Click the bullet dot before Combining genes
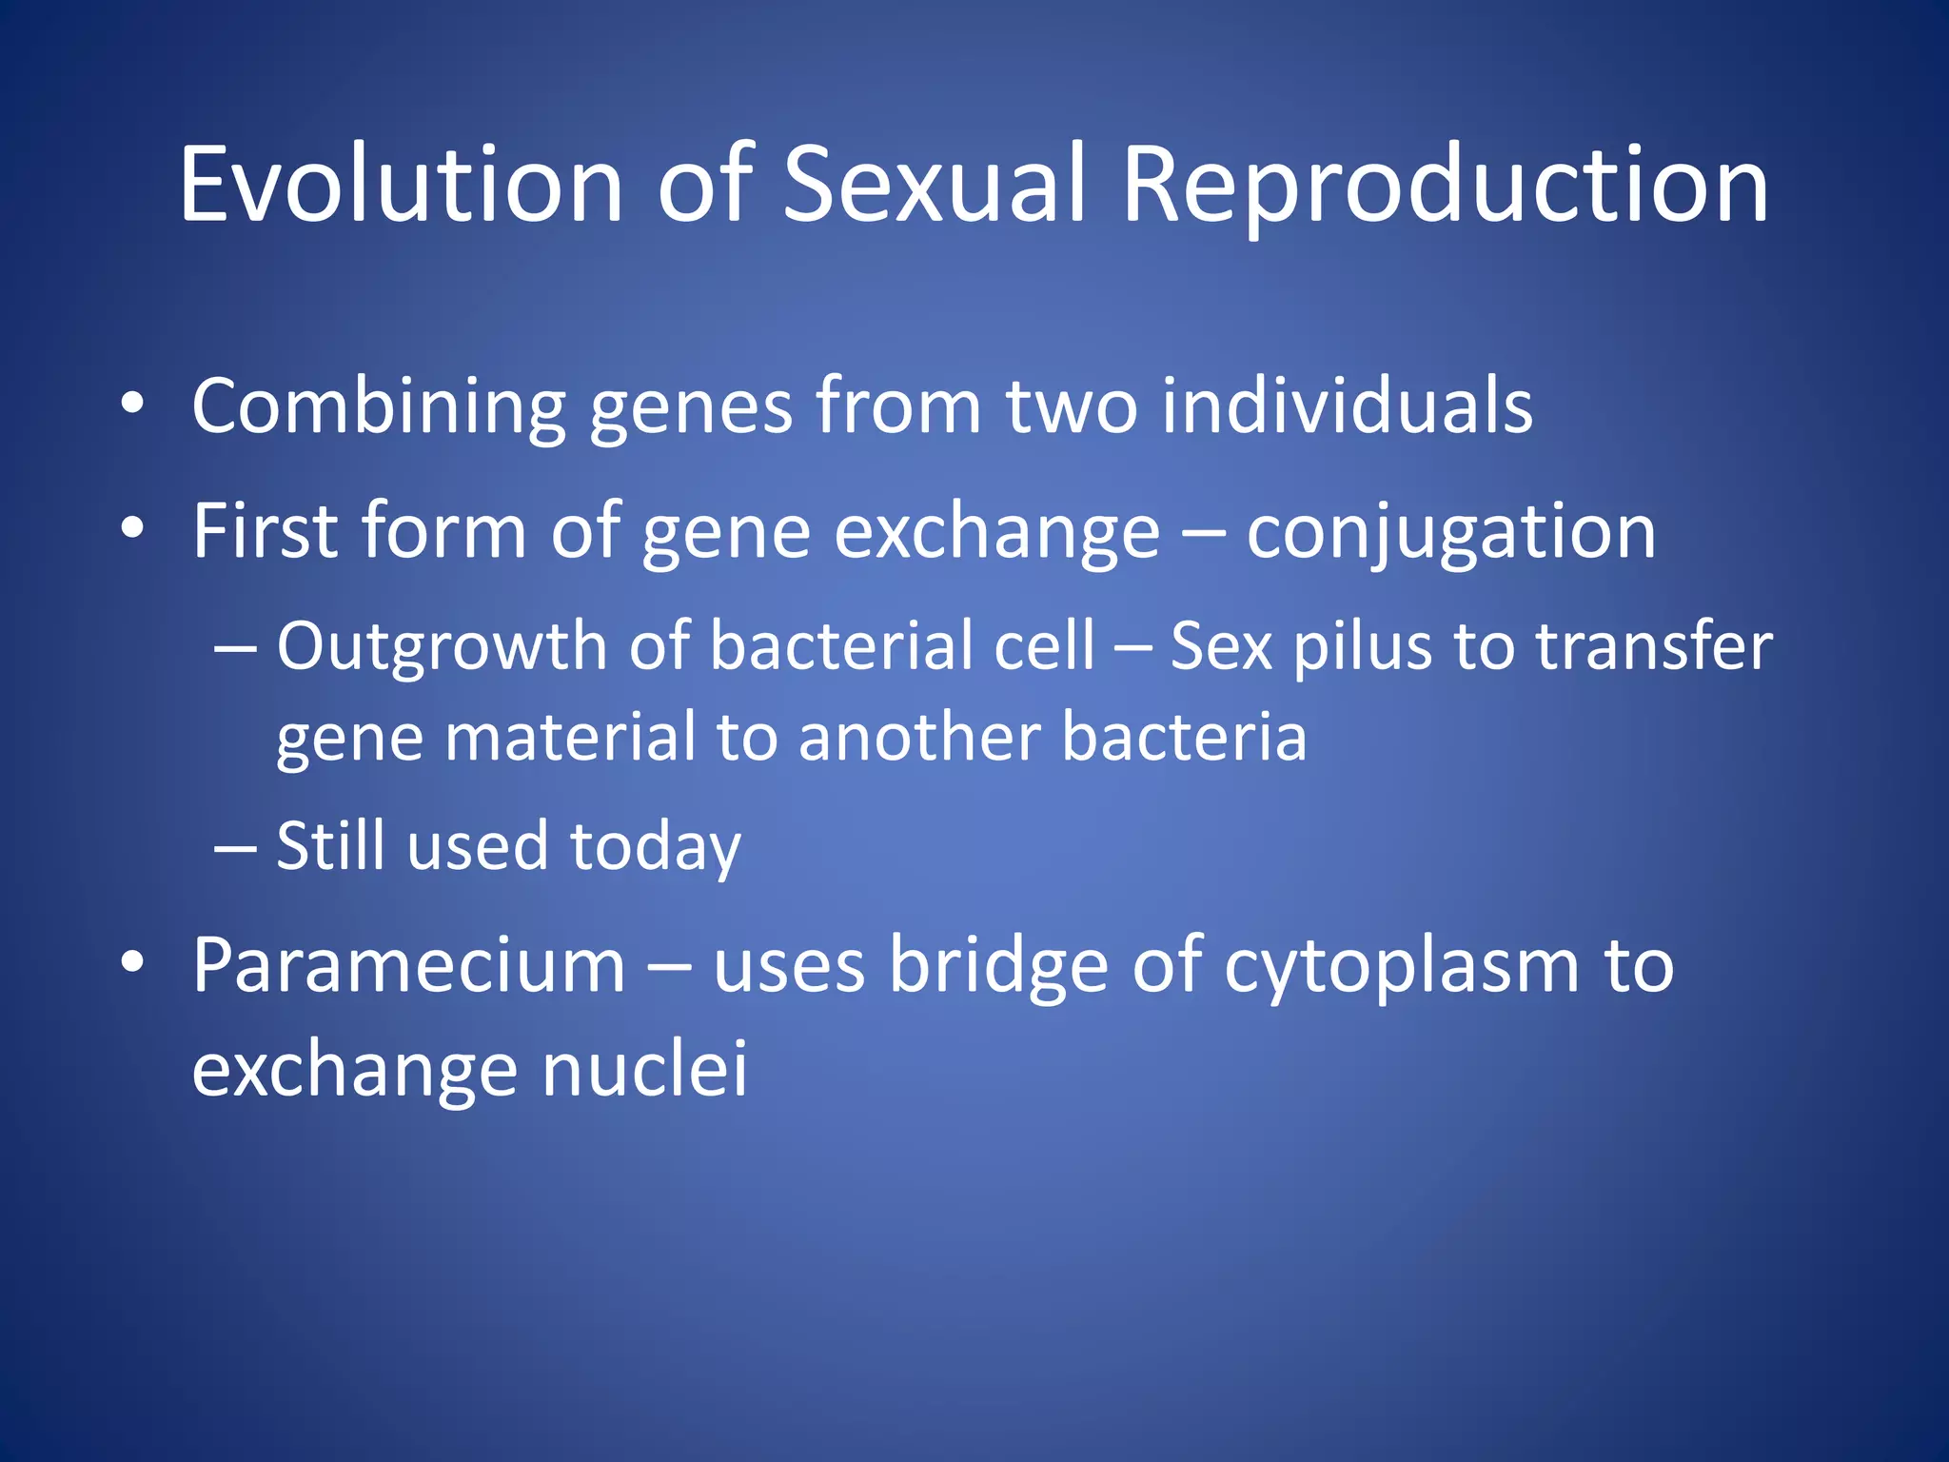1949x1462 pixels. (x=132, y=405)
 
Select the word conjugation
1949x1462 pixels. (x=1450, y=533)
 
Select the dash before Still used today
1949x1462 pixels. (x=235, y=846)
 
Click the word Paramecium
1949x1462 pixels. (x=409, y=966)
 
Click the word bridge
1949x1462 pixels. (x=998, y=966)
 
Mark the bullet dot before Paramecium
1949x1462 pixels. (x=132, y=963)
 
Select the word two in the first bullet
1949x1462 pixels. (x=1071, y=406)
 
